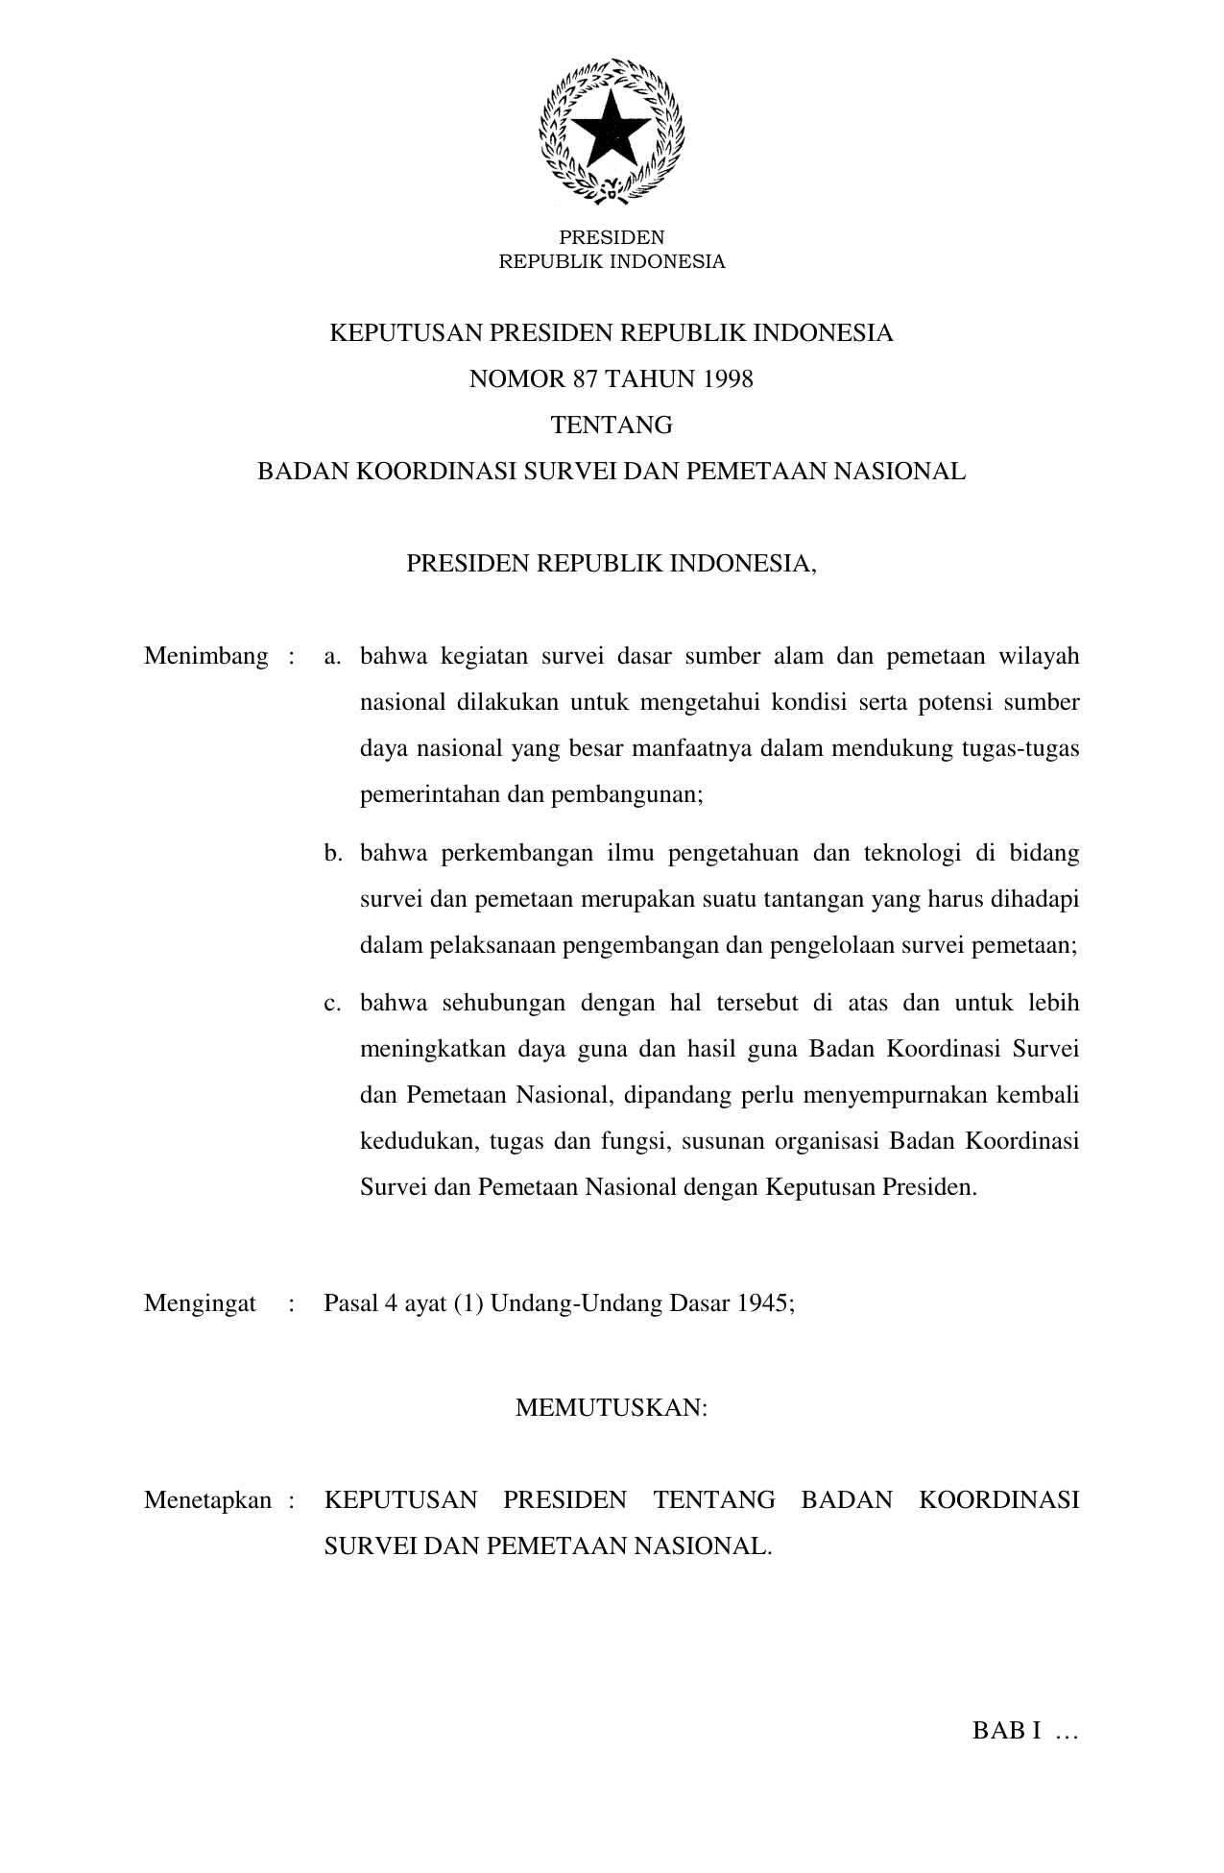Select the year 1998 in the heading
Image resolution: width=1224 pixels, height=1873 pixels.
(728, 379)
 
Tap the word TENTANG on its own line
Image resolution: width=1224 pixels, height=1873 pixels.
(612, 426)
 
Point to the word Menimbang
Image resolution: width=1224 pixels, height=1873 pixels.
(205, 657)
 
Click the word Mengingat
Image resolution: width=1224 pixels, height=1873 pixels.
(200, 1303)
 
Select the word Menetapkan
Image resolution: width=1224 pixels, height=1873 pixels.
(207, 1500)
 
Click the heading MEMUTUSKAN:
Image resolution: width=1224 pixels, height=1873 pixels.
(612, 1408)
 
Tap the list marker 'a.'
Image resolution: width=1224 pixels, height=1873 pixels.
(333, 657)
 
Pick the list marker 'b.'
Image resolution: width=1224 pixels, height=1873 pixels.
(333, 853)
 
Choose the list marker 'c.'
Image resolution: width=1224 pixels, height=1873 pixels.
(333, 1003)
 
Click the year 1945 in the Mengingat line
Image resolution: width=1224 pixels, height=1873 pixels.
(765, 1303)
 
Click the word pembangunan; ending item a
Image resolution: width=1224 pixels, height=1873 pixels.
(627, 796)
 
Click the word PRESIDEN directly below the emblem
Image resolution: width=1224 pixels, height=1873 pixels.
(612, 237)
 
